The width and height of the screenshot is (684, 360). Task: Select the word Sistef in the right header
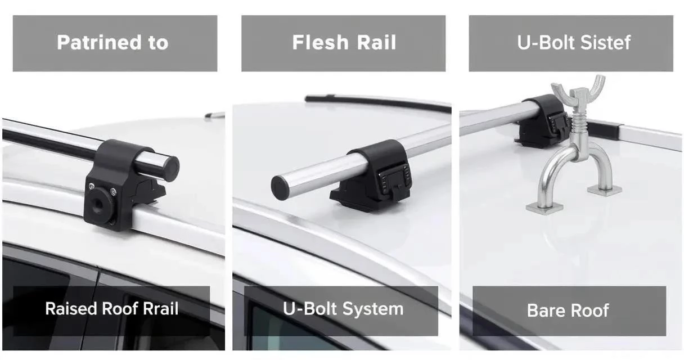point(605,42)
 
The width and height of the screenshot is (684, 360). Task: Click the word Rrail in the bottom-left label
point(161,308)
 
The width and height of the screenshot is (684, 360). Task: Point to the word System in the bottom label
point(373,309)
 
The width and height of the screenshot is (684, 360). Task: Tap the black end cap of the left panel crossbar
point(170,169)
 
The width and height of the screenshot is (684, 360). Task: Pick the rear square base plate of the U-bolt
point(605,191)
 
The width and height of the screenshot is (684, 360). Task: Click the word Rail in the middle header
point(376,42)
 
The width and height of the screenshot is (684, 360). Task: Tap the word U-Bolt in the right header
point(547,42)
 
